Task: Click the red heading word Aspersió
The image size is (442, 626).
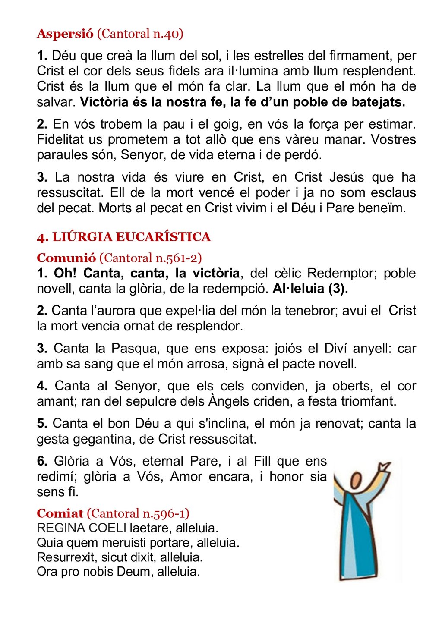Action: [65, 34]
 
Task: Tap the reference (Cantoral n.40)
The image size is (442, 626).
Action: [140, 34]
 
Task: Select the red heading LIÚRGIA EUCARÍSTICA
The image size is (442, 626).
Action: [131, 237]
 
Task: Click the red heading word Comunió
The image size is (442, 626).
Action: [66, 258]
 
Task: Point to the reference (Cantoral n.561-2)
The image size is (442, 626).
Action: [151, 258]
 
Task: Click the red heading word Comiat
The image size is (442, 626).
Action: [60, 513]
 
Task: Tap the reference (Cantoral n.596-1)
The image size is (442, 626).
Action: [138, 513]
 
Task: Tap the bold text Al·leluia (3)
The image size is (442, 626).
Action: [310, 289]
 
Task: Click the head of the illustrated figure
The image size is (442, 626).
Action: [356, 480]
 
